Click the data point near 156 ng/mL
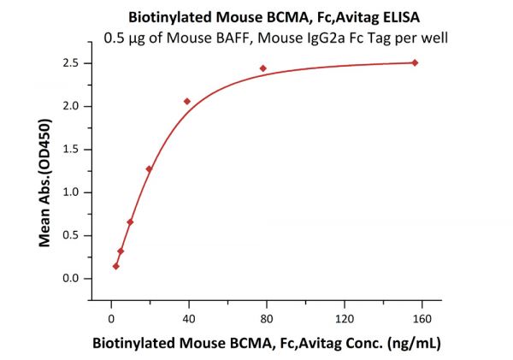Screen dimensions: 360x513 pyautogui.click(x=415, y=62)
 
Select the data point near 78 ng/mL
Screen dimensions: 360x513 pyautogui.click(x=263, y=68)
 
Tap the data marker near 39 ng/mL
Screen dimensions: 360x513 pyautogui.click(x=187, y=101)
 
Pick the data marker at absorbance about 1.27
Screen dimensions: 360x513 pyautogui.click(x=149, y=168)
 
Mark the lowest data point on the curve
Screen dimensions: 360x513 pyautogui.click(x=116, y=266)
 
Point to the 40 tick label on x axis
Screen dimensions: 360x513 pyautogui.click(x=188, y=318)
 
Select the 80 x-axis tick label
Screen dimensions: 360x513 pyautogui.click(x=266, y=318)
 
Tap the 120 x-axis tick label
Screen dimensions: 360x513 pyautogui.click(x=344, y=318)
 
